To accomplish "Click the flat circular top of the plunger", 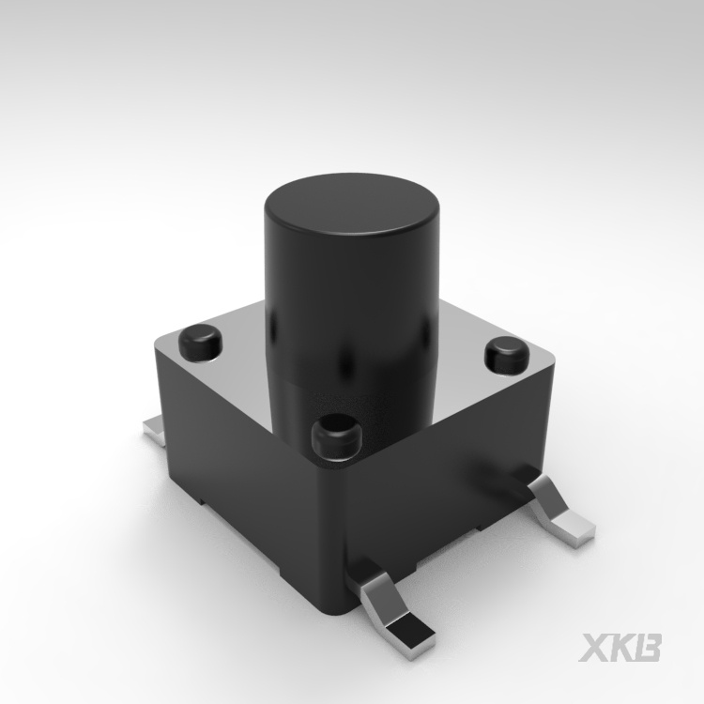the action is (x=352, y=205).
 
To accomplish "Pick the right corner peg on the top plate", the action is (x=507, y=357).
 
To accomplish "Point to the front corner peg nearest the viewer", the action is (x=337, y=436).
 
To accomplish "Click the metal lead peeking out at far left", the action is (x=155, y=430).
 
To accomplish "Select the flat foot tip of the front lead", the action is (x=411, y=634).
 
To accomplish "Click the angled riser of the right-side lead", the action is (x=547, y=498).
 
